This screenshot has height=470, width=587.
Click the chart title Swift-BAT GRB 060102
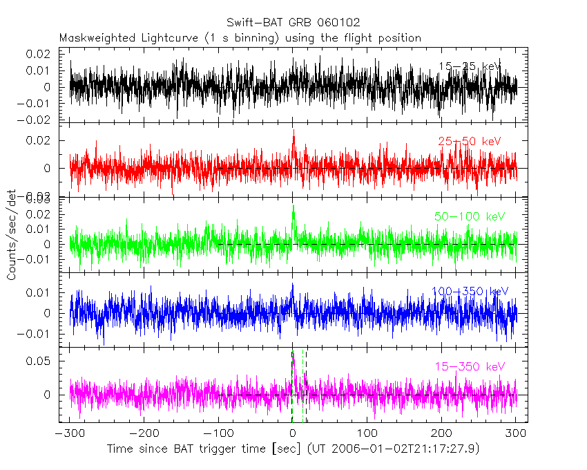[293, 23]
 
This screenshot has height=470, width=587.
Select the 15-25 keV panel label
[470, 66]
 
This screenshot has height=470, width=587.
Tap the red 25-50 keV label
[469, 142]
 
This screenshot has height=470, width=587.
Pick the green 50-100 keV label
[470, 216]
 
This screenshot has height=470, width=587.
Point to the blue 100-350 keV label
[470, 292]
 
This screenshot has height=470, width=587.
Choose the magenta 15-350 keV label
[470, 366]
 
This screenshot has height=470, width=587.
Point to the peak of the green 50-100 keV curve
[293, 206]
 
